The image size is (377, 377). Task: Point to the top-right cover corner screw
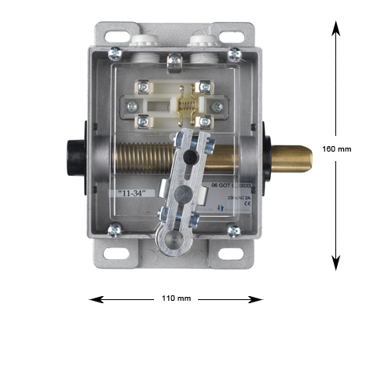pyautogui.click(x=234, y=53)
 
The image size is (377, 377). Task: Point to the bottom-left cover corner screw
pyautogui.click(x=115, y=230)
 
